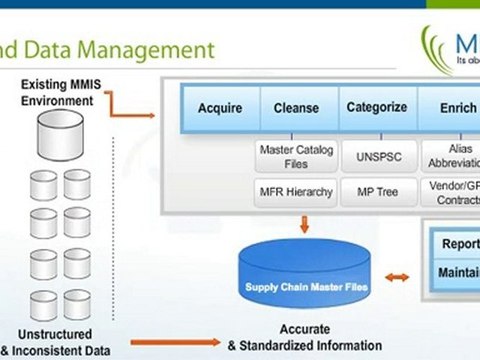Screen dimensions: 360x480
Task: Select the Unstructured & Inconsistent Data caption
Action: tap(56, 342)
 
